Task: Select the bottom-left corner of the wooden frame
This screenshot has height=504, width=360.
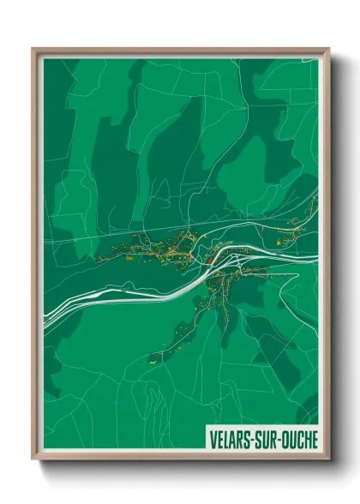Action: coord(33,459)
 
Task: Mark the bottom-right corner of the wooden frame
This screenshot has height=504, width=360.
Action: coord(328,459)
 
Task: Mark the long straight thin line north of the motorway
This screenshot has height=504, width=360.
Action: coord(129,231)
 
